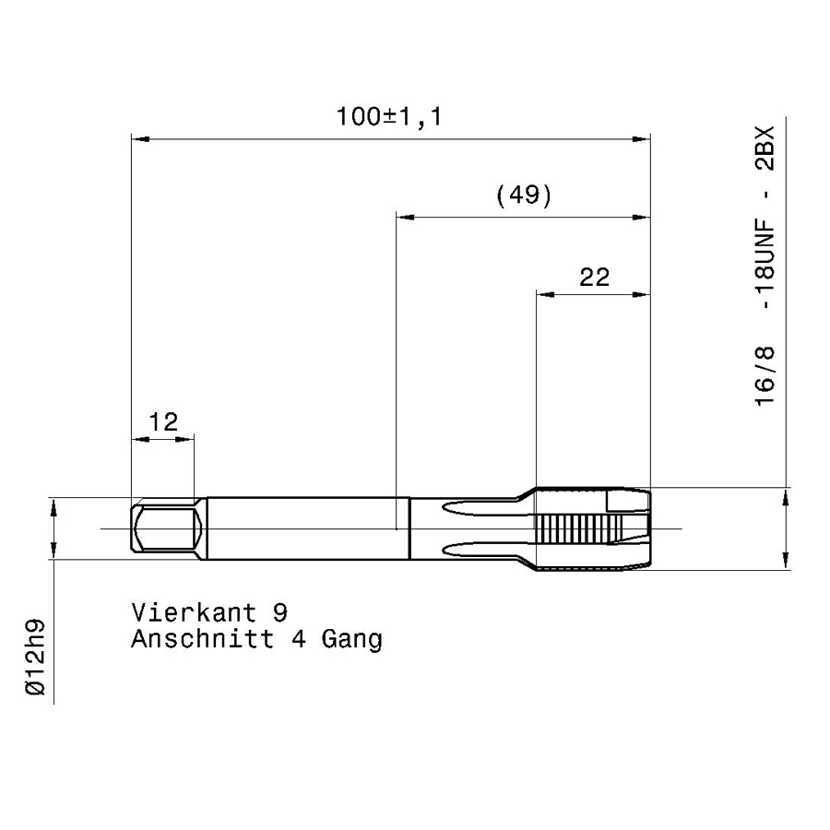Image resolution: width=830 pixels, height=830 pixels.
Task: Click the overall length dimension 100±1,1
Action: [389, 116]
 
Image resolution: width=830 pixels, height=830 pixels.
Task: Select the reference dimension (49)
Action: [524, 196]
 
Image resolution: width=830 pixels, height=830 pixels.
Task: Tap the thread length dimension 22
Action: [595, 277]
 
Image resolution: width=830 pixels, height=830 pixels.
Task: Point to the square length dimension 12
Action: [163, 421]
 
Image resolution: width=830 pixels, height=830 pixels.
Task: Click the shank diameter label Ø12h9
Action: [36, 657]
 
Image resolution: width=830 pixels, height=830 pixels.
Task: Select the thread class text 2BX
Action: [765, 148]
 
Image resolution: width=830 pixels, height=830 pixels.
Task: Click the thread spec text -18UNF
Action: [765, 266]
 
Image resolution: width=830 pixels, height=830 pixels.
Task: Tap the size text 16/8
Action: [765, 376]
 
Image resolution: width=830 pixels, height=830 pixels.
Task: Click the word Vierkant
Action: [195, 612]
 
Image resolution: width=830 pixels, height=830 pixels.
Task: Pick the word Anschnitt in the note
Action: [203, 639]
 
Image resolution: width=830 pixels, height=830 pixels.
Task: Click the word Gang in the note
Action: [352, 640]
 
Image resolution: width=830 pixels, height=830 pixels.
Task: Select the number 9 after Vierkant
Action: [280, 613]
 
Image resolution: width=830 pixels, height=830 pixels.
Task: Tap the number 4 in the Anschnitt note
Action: [299, 639]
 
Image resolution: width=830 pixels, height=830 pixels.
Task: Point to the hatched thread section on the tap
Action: [579, 528]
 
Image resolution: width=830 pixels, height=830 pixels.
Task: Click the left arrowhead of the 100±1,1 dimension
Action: [140, 139]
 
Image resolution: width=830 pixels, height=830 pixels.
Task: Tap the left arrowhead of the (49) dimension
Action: [405, 217]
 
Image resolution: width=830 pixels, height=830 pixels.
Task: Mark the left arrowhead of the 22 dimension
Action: [546, 294]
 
